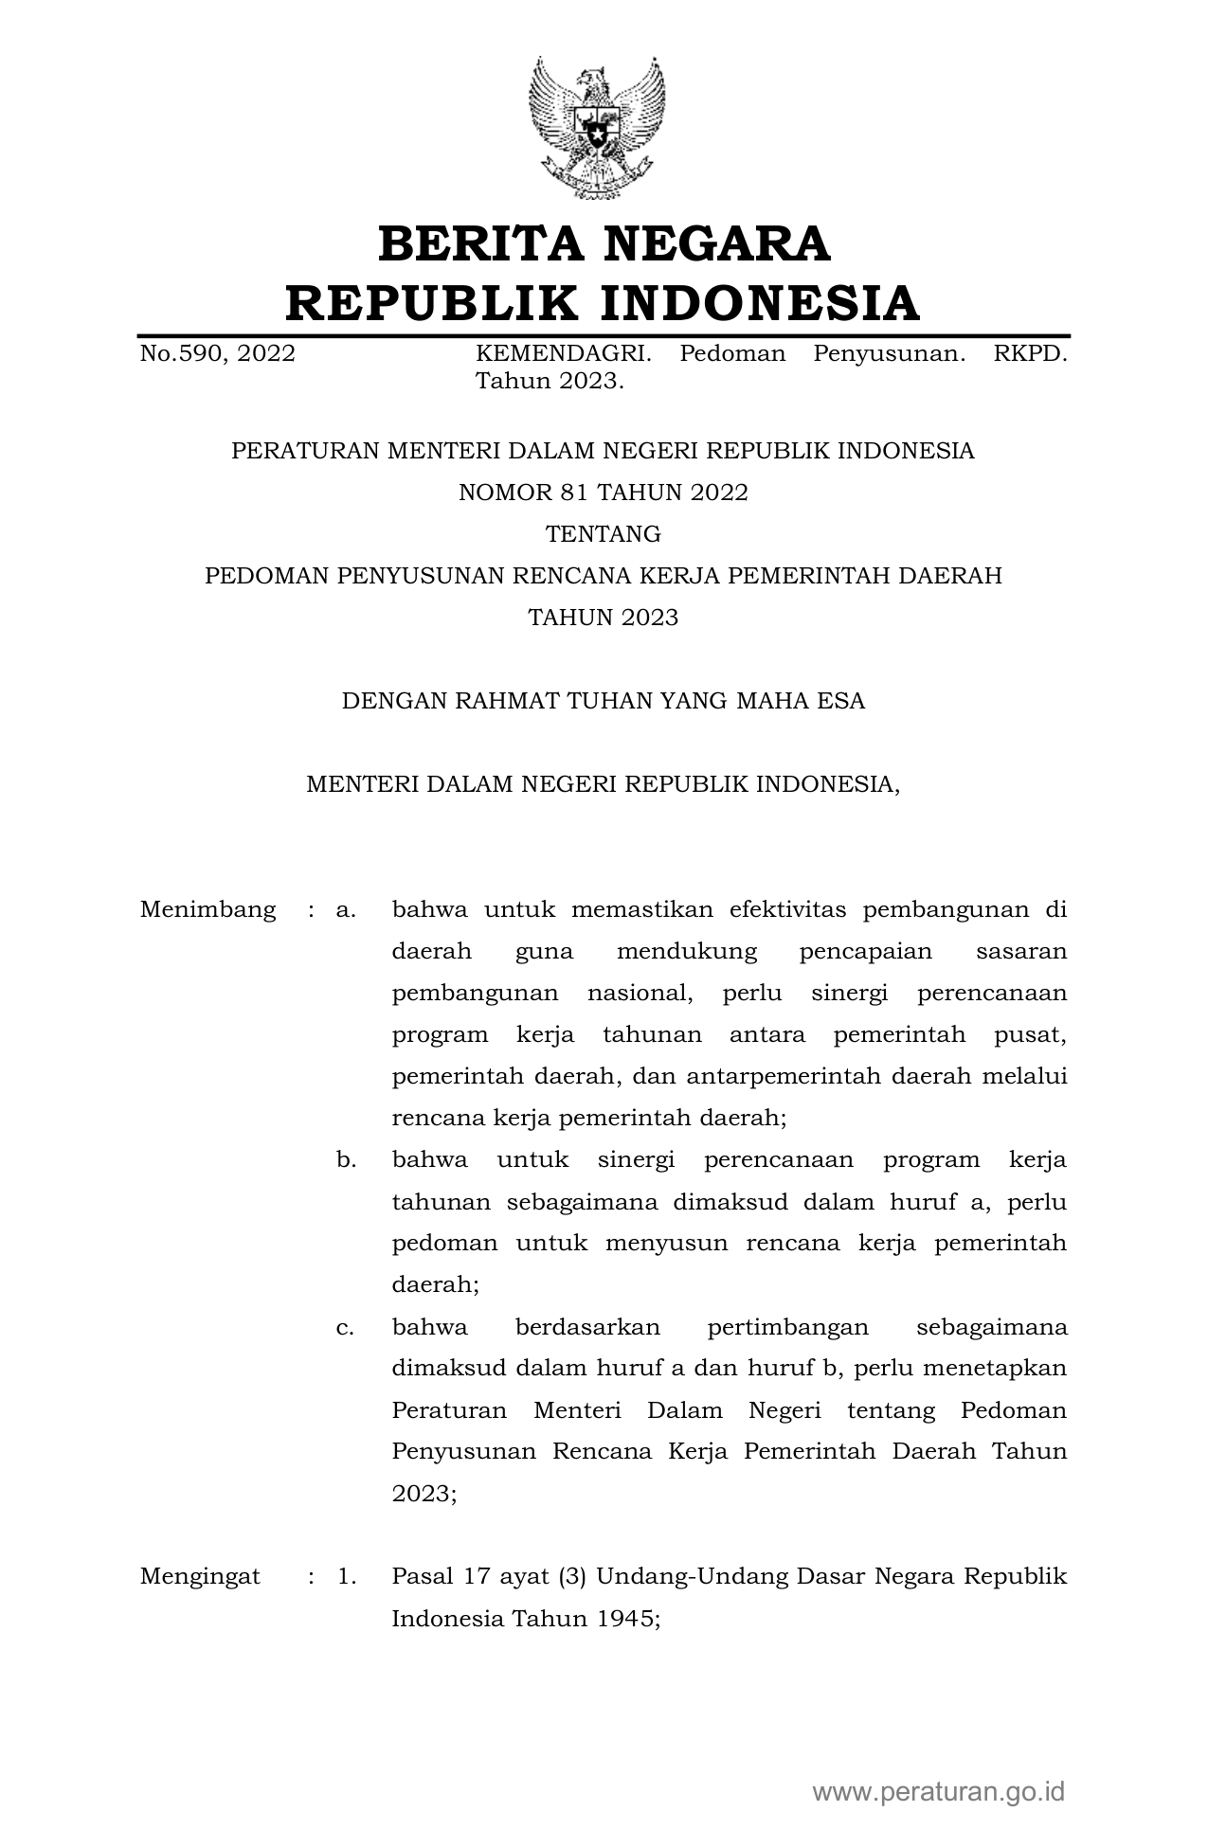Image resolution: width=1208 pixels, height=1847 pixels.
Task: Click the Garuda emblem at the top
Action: (597, 128)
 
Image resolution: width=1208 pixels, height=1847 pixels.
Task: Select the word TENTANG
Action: (604, 534)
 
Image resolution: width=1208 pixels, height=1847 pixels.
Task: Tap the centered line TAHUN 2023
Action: (604, 618)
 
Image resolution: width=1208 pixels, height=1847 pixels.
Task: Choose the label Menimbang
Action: (208, 910)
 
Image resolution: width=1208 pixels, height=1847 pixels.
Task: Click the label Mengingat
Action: (200, 1577)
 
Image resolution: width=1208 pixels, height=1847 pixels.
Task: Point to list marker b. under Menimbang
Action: (346, 1160)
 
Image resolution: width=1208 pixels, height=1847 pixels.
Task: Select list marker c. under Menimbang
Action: (345, 1327)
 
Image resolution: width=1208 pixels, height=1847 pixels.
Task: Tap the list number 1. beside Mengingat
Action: (346, 1577)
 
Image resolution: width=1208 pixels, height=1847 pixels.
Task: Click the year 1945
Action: (626, 1619)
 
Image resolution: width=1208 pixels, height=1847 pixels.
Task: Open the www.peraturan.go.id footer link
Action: (939, 1791)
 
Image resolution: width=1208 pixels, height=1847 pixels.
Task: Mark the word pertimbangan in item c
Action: (787, 1327)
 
